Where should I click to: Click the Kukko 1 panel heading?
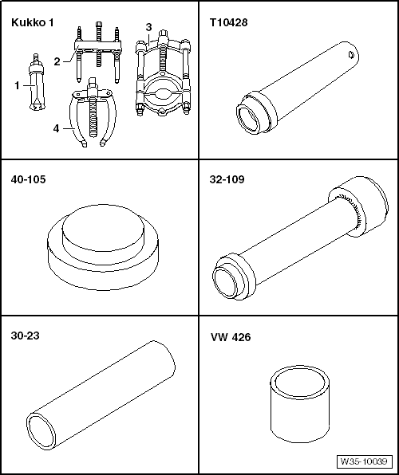(x=32, y=23)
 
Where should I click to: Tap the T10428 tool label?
(x=228, y=23)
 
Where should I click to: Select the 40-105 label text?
(x=28, y=179)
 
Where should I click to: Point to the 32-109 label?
(x=227, y=179)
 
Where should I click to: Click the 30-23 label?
(x=26, y=336)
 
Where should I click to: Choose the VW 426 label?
(x=231, y=337)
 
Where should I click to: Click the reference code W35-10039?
(x=364, y=461)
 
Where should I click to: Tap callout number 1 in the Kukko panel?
(x=18, y=86)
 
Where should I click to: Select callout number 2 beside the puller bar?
(x=57, y=62)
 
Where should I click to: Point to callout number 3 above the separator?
(x=148, y=27)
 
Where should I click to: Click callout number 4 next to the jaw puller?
(x=56, y=129)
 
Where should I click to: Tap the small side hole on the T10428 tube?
(x=351, y=55)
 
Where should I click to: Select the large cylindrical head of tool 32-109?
(x=359, y=206)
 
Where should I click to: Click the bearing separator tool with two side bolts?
(x=163, y=73)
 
